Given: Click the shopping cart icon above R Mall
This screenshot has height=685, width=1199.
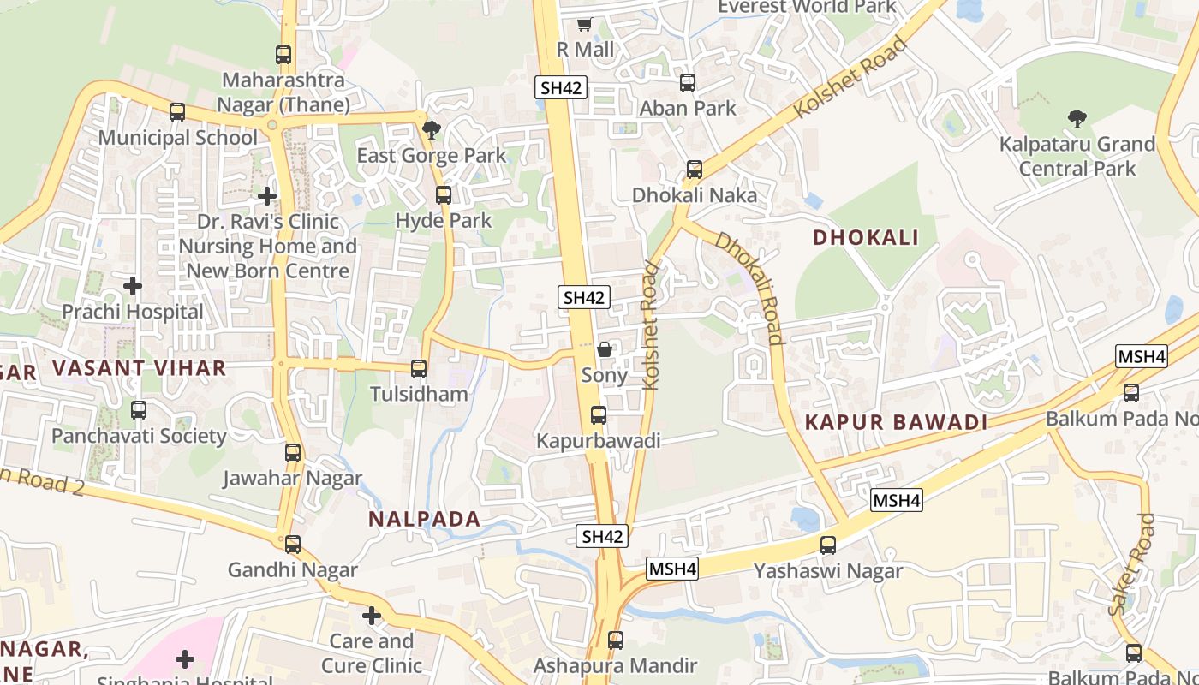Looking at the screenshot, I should pyautogui.click(x=585, y=24).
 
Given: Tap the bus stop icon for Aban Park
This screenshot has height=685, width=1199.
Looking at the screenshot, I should pyautogui.click(x=688, y=83).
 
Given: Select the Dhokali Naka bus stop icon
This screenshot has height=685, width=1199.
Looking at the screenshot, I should pyautogui.click(x=695, y=170).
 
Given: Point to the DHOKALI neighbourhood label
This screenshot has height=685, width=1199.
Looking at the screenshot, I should pyautogui.click(x=865, y=237).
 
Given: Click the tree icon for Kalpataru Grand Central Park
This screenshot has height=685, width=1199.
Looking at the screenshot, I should pyautogui.click(x=1077, y=119).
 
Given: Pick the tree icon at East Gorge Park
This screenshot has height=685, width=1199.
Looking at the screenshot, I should pyautogui.click(x=432, y=130).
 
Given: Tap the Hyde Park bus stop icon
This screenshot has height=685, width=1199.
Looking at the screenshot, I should pyautogui.click(x=444, y=194).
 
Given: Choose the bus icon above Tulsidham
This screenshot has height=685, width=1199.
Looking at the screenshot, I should pyautogui.click(x=419, y=369).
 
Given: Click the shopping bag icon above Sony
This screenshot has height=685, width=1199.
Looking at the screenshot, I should pyautogui.click(x=605, y=350).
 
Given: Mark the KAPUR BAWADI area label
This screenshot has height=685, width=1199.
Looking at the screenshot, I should pyautogui.click(x=896, y=422).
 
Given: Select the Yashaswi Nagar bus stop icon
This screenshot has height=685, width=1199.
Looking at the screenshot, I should pyautogui.click(x=828, y=545).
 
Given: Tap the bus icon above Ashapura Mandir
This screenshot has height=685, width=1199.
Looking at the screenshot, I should pyautogui.click(x=616, y=640).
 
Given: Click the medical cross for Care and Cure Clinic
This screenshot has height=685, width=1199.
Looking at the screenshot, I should pyautogui.click(x=372, y=616).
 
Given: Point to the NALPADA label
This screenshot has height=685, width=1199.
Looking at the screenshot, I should pyautogui.click(x=425, y=519).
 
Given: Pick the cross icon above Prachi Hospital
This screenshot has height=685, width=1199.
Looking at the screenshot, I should pyautogui.click(x=133, y=285).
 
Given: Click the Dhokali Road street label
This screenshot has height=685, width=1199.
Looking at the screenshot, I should pyautogui.click(x=751, y=287).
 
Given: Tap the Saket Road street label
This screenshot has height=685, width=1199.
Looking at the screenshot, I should pyautogui.click(x=1132, y=565).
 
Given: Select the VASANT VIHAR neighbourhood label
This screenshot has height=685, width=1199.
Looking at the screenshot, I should pyautogui.click(x=140, y=368).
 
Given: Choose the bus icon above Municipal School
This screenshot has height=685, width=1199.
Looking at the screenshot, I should pyautogui.click(x=177, y=112).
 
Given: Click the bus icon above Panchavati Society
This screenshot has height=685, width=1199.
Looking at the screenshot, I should pyautogui.click(x=139, y=410).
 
